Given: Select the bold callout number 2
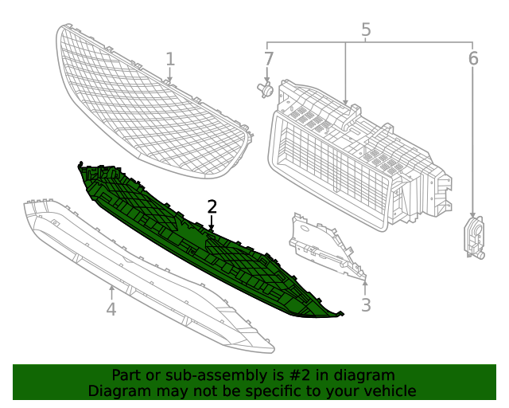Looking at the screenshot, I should click(x=212, y=206).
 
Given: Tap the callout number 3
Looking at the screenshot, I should click(x=366, y=304).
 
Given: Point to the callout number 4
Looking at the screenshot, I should click(x=111, y=308).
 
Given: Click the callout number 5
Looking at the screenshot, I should click(x=366, y=30).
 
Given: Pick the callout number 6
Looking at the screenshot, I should click(x=473, y=58).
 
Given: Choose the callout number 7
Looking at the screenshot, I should click(x=268, y=58).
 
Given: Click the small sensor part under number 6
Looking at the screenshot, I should click(x=474, y=237).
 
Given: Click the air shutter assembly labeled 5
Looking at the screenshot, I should click(x=358, y=159).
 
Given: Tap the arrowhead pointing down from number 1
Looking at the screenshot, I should click(x=169, y=80).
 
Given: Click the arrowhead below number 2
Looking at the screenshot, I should click(x=212, y=228).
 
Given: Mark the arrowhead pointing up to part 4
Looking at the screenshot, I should click(x=111, y=289).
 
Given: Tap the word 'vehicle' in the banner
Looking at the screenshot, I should click(x=387, y=390).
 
